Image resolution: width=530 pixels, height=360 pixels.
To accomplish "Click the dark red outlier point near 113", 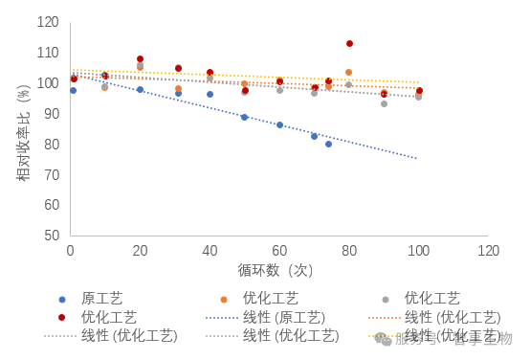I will pos(349,44).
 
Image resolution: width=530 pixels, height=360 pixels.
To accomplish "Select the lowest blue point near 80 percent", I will pos(328,144).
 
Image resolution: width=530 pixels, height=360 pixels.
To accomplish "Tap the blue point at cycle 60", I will pos(279,124).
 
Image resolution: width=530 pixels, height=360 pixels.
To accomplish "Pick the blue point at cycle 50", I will pos(244,117).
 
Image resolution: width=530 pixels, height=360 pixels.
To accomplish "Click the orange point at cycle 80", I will pos(348,73).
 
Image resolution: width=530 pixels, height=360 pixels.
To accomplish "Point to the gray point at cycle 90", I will pos(384,103).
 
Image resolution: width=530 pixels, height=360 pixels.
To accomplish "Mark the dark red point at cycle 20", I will pos(140,59).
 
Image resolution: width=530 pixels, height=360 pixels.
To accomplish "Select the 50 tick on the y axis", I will pos(51,236).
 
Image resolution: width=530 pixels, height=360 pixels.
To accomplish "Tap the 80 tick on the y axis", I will pos(51,145).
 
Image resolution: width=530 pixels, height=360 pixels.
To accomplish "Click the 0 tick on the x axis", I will pos(70,250).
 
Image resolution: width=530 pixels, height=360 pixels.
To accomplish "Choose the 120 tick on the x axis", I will pos(488,250).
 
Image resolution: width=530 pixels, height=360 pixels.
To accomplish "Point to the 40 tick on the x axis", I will pos(210,250).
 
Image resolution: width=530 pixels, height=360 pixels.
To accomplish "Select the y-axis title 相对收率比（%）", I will pos(23,130).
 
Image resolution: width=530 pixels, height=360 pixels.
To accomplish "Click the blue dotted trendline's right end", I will pos(417,158).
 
